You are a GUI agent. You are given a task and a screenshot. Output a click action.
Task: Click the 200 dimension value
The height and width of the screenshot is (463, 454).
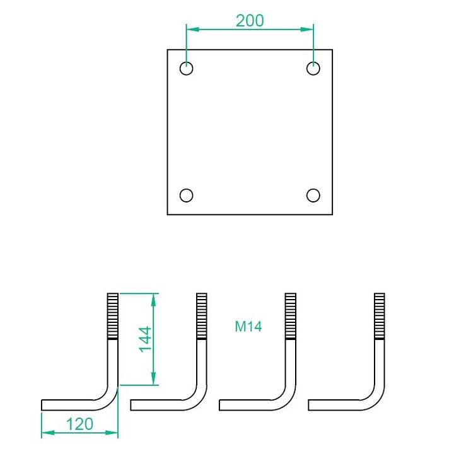(250, 21)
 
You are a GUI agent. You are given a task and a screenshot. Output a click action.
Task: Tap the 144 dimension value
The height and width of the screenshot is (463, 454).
(145, 339)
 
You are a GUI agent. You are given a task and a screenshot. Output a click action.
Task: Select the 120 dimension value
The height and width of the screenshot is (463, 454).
(79, 425)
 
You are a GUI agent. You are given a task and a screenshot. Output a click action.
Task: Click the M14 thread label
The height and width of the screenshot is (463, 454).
(248, 327)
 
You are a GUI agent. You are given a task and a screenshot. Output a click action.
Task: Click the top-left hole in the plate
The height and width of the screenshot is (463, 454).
(186, 69)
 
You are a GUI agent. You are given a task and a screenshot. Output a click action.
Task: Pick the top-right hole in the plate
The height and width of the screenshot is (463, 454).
(313, 69)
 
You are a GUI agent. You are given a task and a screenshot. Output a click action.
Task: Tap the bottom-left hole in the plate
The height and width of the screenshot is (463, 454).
(186, 196)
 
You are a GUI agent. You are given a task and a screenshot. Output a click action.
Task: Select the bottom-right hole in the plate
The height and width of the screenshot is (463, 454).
(313, 196)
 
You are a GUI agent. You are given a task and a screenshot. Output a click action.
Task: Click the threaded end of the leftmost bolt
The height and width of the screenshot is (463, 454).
(112, 316)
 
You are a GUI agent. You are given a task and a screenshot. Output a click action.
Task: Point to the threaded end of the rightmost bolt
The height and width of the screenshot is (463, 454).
(380, 316)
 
